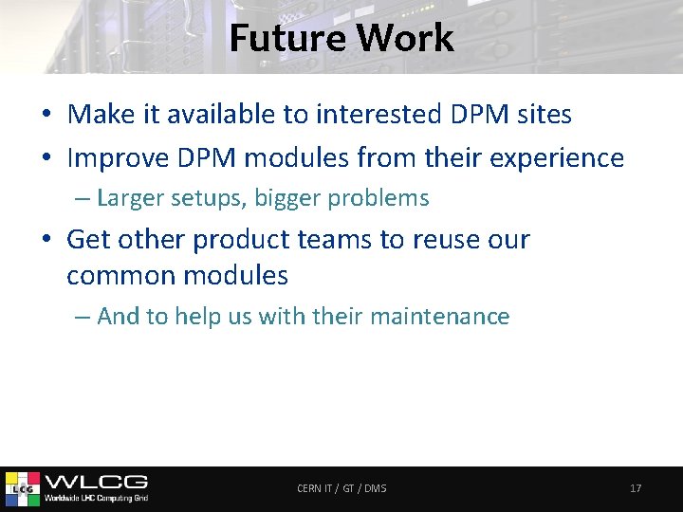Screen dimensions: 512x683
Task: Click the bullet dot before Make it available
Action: (x=46, y=116)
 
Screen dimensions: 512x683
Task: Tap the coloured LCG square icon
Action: (x=23, y=488)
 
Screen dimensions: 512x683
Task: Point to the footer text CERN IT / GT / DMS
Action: (x=341, y=488)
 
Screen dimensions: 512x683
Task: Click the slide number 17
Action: (x=636, y=488)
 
